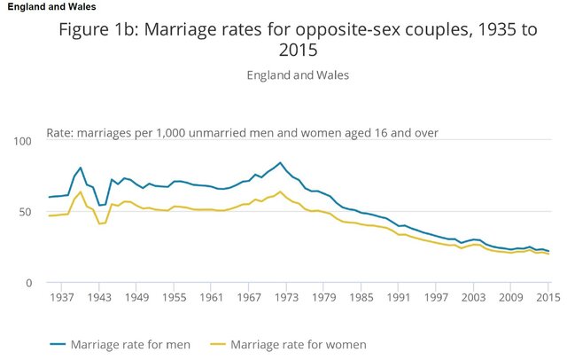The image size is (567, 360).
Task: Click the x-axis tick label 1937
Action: [x=62, y=297]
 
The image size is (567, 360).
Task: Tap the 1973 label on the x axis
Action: [x=283, y=297]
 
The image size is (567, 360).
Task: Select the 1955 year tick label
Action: [x=173, y=297]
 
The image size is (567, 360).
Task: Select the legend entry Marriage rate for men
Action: [x=133, y=343]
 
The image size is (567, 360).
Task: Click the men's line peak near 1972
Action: [x=280, y=163]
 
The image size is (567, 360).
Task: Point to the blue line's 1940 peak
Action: [x=81, y=168]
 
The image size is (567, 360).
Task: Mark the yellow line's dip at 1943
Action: [x=99, y=223]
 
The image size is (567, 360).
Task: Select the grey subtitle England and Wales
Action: [x=298, y=74]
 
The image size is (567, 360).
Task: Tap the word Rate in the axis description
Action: [x=58, y=133]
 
